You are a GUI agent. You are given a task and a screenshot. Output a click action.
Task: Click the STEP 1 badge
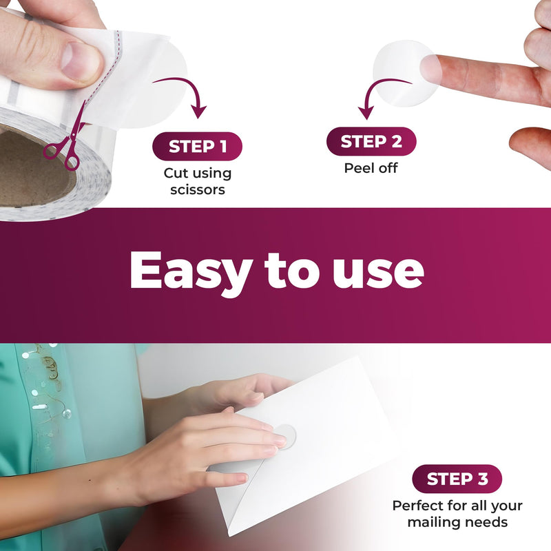point(197,146)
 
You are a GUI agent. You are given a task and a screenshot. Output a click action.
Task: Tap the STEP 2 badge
point(371,141)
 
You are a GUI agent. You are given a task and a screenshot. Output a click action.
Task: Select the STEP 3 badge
point(457,479)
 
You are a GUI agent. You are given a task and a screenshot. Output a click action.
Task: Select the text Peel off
point(371,168)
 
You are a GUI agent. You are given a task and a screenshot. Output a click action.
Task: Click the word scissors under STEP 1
point(198,190)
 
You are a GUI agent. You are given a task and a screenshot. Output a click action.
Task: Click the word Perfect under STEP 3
point(417,506)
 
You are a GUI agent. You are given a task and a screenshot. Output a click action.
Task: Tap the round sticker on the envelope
point(285,436)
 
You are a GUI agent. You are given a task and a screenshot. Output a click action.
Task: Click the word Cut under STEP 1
point(176,173)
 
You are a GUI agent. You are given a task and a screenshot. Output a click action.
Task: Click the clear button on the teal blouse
point(67,414)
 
